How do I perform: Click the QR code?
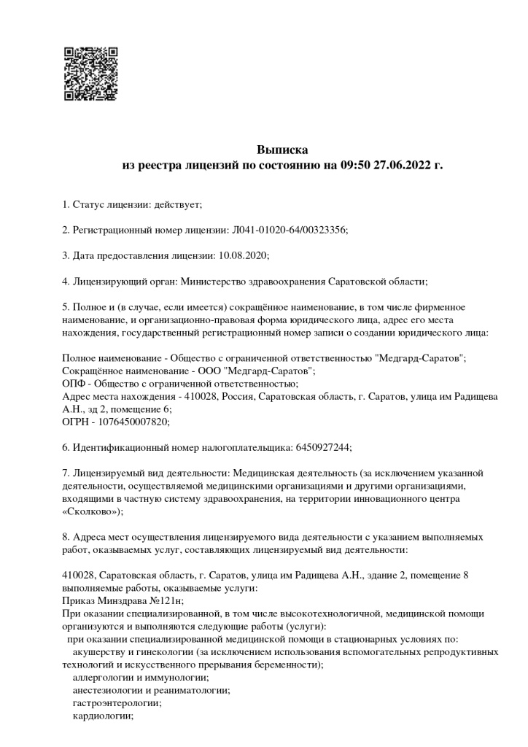(x=91, y=74)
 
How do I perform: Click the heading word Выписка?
(x=282, y=150)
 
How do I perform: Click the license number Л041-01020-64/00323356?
(x=290, y=230)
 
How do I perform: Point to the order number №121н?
(x=166, y=600)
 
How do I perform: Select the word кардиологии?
(x=102, y=716)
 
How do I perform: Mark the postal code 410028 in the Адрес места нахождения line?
(x=201, y=396)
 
